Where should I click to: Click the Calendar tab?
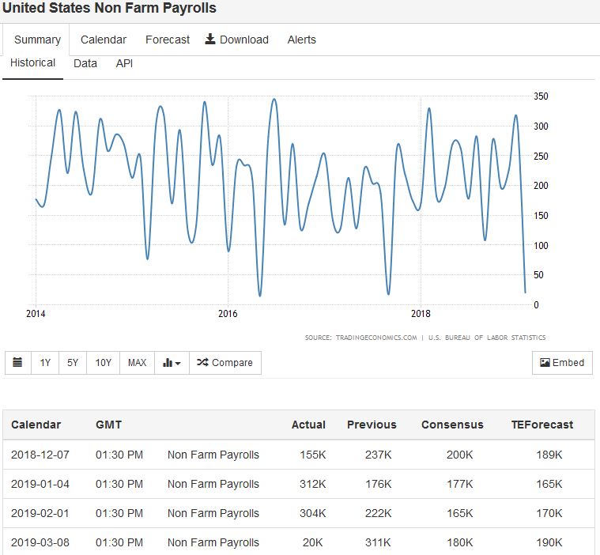(104, 40)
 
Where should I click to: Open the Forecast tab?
(168, 40)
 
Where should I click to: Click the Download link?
(237, 40)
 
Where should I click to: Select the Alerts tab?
(301, 40)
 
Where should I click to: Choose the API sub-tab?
(124, 63)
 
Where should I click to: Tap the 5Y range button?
(73, 363)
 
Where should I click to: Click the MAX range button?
(137, 363)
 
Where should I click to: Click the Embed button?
(562, 363)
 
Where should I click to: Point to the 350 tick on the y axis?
(541, 96)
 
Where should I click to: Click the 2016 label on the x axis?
(228, 313)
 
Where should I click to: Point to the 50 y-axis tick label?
(538, 275)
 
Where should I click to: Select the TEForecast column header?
(542, 425)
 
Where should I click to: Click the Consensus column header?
(452, 425)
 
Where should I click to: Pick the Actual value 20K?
(312, 543)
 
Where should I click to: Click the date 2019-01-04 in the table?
(40, 484)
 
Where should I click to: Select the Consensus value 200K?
(458, 455)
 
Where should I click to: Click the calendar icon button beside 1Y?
(18, 363)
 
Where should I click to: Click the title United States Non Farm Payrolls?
(109, 8)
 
